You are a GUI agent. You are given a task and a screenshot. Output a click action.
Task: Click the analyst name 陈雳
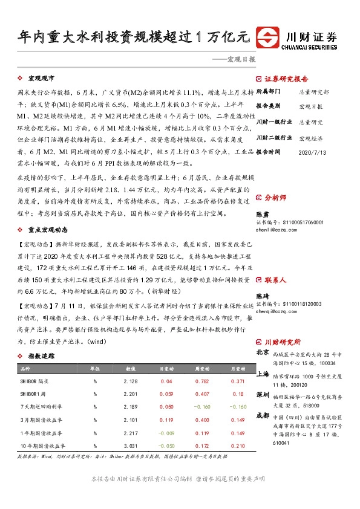(x=262, y=215)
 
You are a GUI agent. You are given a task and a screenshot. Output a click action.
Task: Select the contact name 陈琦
(x=262, y=296)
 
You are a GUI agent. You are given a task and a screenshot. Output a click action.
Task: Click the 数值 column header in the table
(x=130, y=368)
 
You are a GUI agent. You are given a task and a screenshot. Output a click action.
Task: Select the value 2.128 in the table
(x=130, y=381)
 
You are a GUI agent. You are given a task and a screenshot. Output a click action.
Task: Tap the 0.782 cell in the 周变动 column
(x=202, y=381)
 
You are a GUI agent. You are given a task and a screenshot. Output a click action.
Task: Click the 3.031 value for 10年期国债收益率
(x=130, y=446)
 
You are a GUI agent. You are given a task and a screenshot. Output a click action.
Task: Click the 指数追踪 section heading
(x=41, y=357)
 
